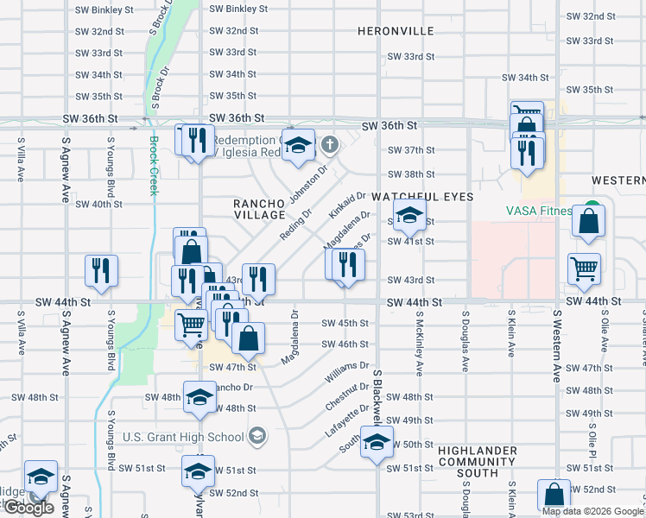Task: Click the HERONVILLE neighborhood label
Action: click(x=396, y=30)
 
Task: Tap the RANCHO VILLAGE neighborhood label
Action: click(x=259, y=208)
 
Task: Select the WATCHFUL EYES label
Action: click(x=423, y=197)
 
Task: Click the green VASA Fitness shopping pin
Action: click(x=591, y=209)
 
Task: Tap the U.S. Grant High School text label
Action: click(x=183, y=437)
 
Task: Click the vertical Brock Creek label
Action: click(x=154, y=166)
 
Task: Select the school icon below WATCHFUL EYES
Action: click(x=409, y=216)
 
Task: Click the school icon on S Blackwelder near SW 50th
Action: click(x=377, y=442)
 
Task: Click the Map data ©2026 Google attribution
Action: click(x=592, y=511)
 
